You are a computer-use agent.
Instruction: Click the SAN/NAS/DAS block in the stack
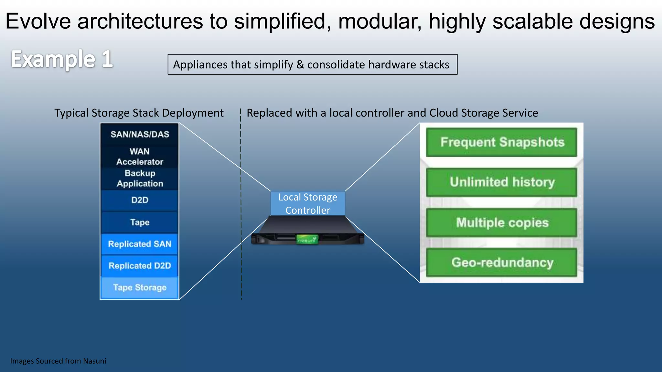[x=140, y=134]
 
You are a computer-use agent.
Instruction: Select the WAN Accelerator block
[x=140, y=157]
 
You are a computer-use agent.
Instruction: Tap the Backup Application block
[x=140, y=178]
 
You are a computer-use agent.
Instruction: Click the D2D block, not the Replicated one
[x=140, y=200]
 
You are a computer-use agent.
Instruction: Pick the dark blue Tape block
[x=140, y=222]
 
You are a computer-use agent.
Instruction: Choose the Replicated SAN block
[x=140, y=244]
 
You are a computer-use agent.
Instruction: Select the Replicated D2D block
[x=140, y=266]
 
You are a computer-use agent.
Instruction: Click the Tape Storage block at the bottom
[x=140, y=287]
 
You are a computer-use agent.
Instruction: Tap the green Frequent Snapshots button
[x=502, y=142]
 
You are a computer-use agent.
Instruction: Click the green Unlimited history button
[x=502, y=182]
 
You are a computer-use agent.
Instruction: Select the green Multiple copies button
[x=502, y=222]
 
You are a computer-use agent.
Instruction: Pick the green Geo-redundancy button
[x=502, y=263]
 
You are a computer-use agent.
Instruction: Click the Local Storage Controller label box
[x=308, y=203]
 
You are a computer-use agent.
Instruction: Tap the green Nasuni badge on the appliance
[x=307, y=240]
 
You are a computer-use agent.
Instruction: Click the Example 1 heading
[x=62, y=59]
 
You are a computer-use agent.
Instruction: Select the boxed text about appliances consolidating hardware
[x=312, y=65]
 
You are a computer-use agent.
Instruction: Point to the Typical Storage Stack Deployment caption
[x=139, y=113]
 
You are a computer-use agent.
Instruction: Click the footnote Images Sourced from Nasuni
[x=58, y=361]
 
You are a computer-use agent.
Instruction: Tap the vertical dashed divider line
[x=241, y=207]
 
